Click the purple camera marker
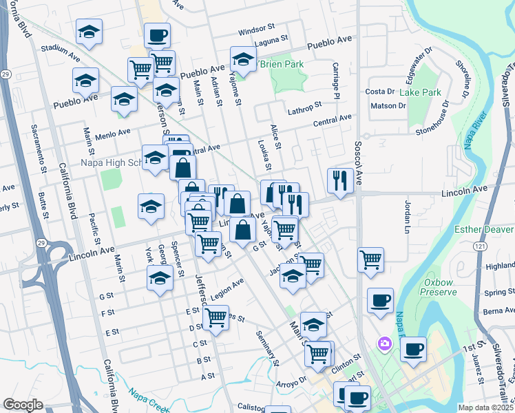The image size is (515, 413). pyautogui.click(x=384, y=343)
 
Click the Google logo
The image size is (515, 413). pyautogui.click(x=23, y=405)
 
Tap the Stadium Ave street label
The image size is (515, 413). pyautogui.click(x=62, y=48)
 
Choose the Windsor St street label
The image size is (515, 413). pyautogui.click(x=255, y=32)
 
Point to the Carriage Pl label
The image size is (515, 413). pyautogui.click(x=337, y=80)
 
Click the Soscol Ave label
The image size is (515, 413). pyautogui.click(x=358, y=158)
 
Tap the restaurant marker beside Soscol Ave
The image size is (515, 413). pyautogui.click(x=340, y=180)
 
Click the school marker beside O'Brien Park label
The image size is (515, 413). pyautogui.click(x=243, y=59)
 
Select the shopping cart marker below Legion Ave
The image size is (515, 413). pyautogui.click(x=216, y=317)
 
